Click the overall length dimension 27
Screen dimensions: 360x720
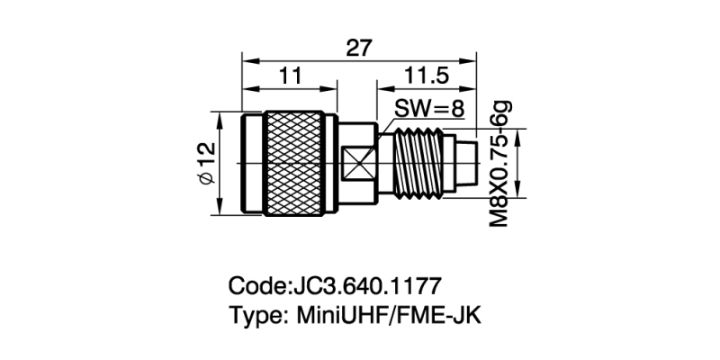pyautogui.click(x=359, y=48)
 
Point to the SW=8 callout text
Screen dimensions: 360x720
pyautogui.click(x=429, y=110)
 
